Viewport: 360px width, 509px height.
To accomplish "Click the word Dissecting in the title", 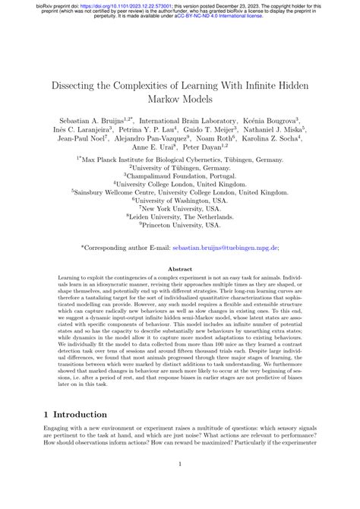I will point(68,84).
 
